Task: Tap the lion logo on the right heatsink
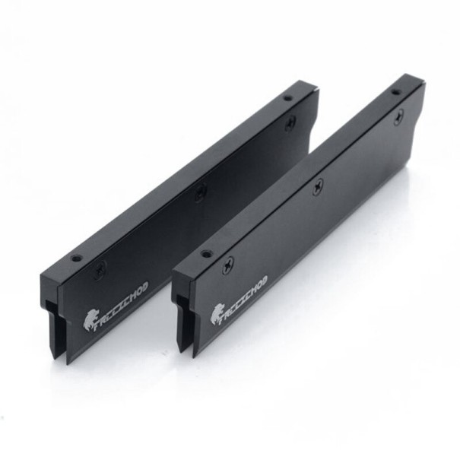click(x=217, y=313)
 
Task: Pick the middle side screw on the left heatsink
click(x=199, y=194)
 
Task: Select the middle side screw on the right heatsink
click(x=319, y=184)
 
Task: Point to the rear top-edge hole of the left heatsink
click(x=287, y=97)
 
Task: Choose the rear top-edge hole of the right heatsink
click(x=395, y=91)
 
